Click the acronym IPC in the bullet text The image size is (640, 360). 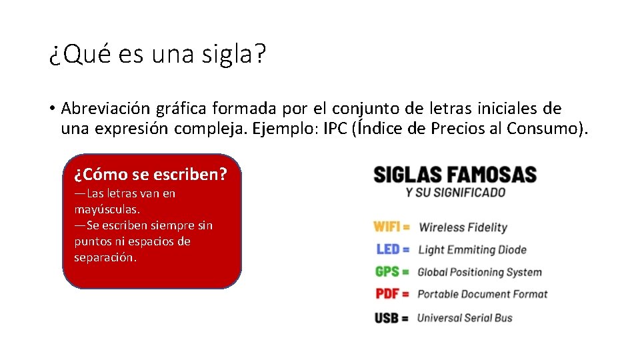click(x=335, y=129)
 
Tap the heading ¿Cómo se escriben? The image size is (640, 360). click(x=151, y=175)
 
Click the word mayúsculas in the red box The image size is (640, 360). click(x=107, y=209)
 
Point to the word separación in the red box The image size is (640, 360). click(x=105, y=257)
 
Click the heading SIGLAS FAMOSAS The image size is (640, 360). click(x=455, y=175)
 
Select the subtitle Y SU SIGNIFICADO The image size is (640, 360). click(x=455, y=193)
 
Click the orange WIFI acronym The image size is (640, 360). click(x=387, y=227)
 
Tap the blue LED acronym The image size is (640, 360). click(x=388, y=249)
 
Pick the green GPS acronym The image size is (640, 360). click(x=387, y=271)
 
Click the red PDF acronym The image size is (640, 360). click(x=387, y=294)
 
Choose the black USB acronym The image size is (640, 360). click(x=387, y=317)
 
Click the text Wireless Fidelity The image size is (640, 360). click(x=463, y=227)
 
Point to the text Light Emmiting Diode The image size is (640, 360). click(x=472, y=250)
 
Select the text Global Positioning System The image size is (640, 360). click(x=479, y=272)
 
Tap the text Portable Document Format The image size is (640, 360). click(x=482, y=294)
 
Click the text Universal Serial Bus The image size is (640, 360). click(x=465, y=317)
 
